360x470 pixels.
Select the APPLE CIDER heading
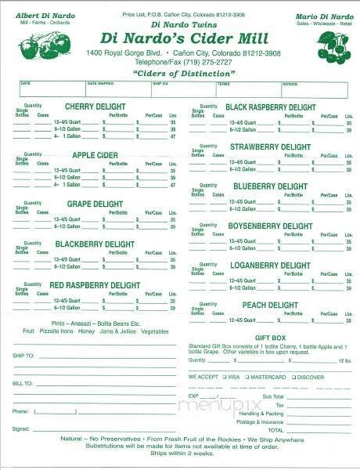[95, 155]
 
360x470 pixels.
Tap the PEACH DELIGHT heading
[270, 305]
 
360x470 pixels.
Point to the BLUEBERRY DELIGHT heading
[270, 186]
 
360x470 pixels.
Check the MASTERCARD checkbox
[246, 377]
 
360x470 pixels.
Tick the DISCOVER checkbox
[292, 377]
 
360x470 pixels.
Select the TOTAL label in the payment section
[275, 430]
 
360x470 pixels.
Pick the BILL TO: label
[23, 384]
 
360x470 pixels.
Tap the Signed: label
[21, 429]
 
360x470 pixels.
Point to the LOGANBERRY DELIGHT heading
[270, 266]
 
